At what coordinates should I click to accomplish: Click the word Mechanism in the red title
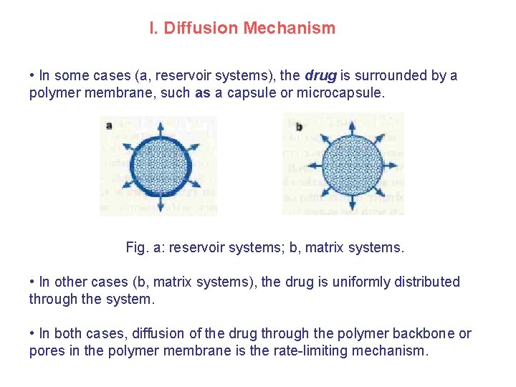[x=289, y=29]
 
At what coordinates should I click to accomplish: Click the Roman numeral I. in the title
[x=153, y=29]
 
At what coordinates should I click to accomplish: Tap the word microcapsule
[x=340, y=92]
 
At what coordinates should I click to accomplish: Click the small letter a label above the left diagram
[x=109, y=125]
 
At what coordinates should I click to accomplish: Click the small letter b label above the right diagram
[x=298, y=127]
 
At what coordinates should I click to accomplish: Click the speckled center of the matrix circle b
[x=351, y=166]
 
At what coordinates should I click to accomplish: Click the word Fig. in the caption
[x=135, y=248]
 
